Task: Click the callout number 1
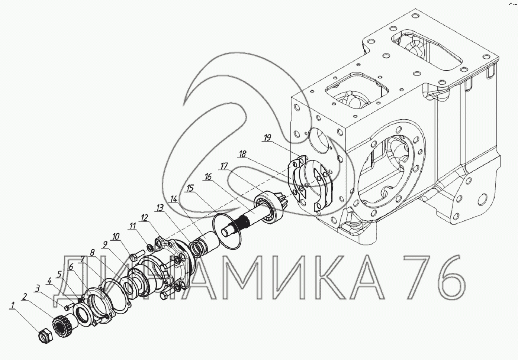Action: coord(13,305)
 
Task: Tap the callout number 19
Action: coord(267,138)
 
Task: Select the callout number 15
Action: coord(190,188)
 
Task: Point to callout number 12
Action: coord(145,218)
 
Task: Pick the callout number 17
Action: coord(224,166)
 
